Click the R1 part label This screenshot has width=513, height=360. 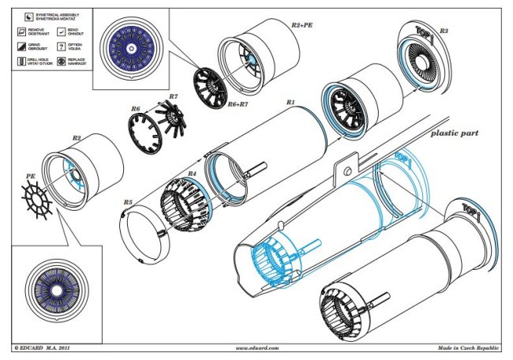[290, 103]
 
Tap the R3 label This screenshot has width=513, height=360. [445, 31]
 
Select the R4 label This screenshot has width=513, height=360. [191, 173]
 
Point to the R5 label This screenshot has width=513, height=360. [127, 203]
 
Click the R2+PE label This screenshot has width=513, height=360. [303, 25]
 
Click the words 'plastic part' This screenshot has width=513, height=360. [455, 134]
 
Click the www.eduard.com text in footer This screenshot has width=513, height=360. [256, 347]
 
